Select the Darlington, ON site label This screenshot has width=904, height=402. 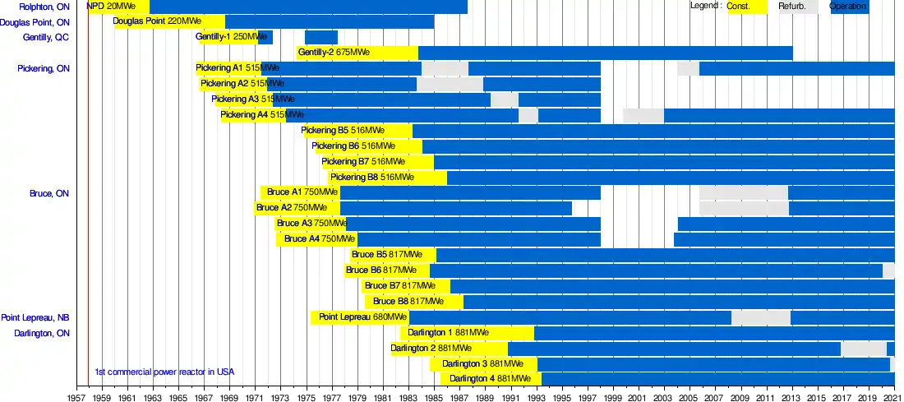pyautogui.click(x=42, y=333)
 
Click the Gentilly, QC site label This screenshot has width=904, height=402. pyautogui.click(x=46, y=38)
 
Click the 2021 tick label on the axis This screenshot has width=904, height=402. pyautogui.click(x=894, y=395)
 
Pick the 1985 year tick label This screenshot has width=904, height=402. pyautogui.click(x=434, y=395)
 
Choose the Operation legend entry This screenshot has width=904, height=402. pyautogui.click(x=849, y=7)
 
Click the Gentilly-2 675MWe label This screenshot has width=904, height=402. pyautogui.click(x=334, y=53)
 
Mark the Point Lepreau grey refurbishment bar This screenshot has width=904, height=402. pyautogui.click(x=761, y=317)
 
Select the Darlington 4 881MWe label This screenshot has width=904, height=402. pyautogui.click(x=486, y=379)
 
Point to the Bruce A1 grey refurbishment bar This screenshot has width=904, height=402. pyautogui.click(x=744, y=192)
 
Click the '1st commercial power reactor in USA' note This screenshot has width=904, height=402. pyautogui.click(x=164, y=372)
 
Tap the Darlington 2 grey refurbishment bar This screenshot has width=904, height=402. pyautogui.click(x=863, y=349)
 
